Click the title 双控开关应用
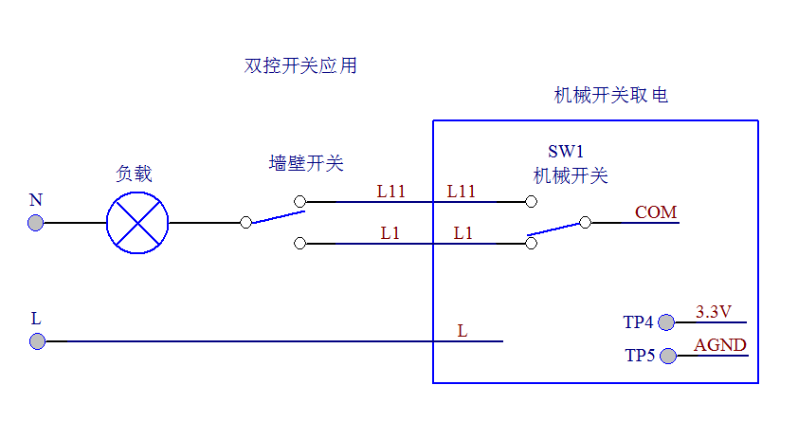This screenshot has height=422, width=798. click(300, 66)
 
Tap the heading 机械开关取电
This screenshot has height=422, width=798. click(610, 96)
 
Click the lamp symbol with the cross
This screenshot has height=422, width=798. click(137, 223)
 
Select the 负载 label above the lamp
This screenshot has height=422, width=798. click(134, 174)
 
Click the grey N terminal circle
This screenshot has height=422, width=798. click(36, 223)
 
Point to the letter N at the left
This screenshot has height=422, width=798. click(36, 200)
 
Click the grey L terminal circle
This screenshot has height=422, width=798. click(36, 340)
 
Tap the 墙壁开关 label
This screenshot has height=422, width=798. click(306, 164)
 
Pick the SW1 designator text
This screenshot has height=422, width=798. click(566, 152)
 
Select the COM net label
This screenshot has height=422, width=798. click(656, 212)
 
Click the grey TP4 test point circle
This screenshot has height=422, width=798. click(666, 322)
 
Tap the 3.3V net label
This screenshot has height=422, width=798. click(714, 311)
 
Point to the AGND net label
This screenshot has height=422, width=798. click(720, 345)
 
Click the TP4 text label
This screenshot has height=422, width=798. click(639, 322)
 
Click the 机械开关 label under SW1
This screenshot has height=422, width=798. click(571, 175)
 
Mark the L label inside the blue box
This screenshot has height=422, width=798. click(462, 331)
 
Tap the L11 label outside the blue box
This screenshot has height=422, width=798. click(390, 192)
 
